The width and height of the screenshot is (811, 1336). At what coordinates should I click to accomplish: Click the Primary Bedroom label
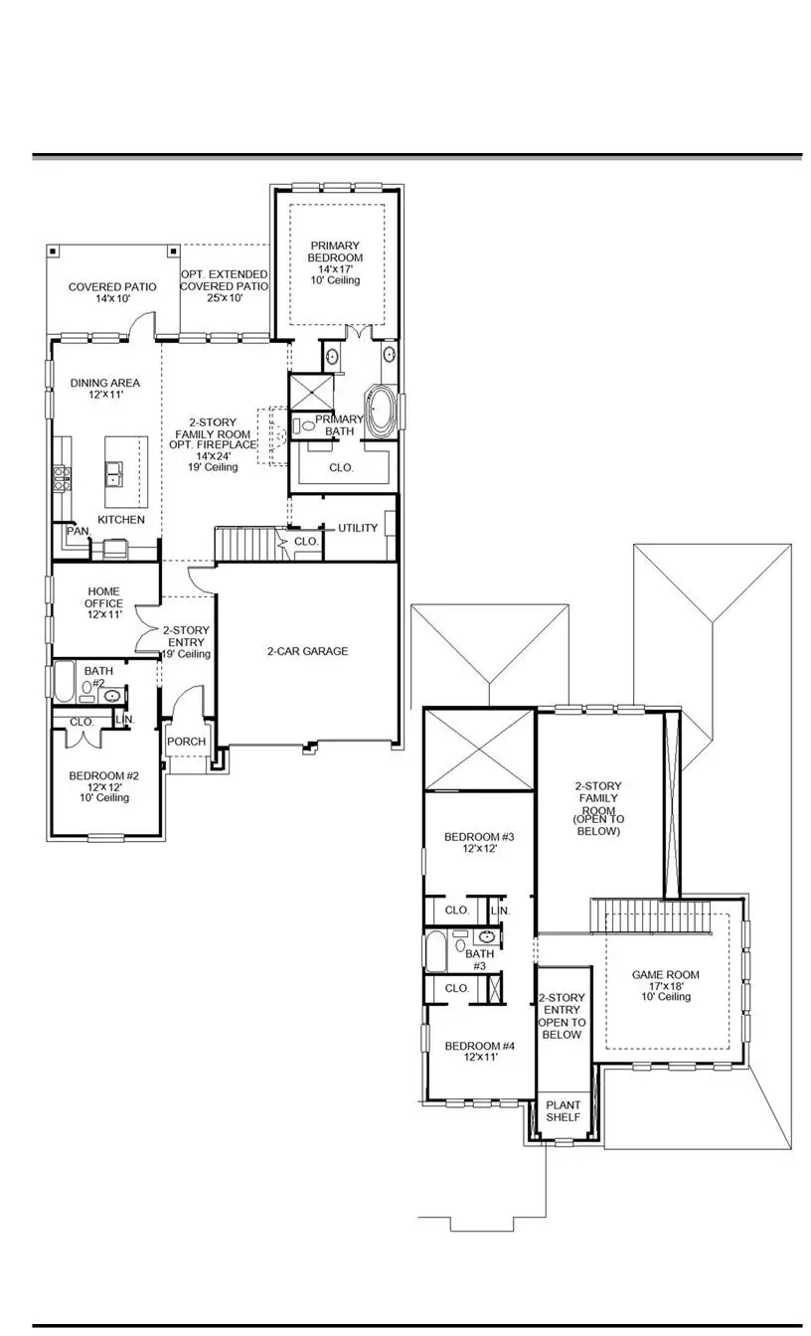click(335, 262)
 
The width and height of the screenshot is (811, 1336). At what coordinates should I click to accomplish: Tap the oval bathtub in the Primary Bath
click(382, 410)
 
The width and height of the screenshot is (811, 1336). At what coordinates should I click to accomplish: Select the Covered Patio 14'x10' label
click(111, 292)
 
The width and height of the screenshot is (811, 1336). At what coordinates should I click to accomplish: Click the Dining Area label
click(104, 389)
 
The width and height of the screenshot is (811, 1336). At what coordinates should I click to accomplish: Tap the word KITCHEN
click(121, 520)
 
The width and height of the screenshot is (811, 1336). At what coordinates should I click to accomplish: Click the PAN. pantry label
click(78, 532)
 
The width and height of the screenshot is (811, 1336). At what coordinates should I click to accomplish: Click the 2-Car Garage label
click(307, 651)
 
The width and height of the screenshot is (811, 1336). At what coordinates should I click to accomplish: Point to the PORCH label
click(187, 742)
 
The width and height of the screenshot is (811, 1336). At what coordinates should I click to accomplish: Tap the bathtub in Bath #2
click(63, 682)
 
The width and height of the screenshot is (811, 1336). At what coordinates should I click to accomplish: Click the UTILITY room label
click(358, 528)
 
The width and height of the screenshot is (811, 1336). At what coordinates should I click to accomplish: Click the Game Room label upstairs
click(665, 985)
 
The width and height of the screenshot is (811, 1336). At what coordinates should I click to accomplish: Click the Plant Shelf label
click(564, 1111)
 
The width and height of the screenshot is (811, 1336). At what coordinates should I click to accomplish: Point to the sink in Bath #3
click(486, 936)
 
